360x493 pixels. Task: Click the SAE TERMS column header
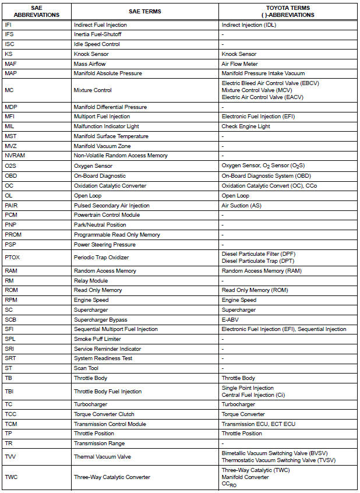pyautogui.click(x=144, y=11)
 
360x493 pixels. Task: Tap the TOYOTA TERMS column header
pyautogui.click(x=289, y=11)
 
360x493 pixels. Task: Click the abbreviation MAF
pyautogui.click(x=10, y=64)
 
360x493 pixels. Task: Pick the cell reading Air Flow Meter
pyautogui.click(x=239, y=64)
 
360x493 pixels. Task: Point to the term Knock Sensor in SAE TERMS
pyautogui.click(x=91, y=54)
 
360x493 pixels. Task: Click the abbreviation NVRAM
pyautogui.click(x=14, y=156)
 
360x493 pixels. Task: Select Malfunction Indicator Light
pyautogui.click(x=107, y=126)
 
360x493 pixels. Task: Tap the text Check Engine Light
pyautogui.click(x=246, y=126)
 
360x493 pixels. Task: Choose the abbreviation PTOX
pyautogui.click(x=12, y=258)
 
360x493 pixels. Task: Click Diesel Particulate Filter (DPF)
pyautogui.click(x=259, y=254)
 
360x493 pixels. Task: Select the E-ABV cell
pyautogui.click(x=230, y=319)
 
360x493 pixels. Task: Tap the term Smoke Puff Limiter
pyautogui.click(x=97, y=339)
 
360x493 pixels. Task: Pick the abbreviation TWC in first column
pyautogui.click(x=12, y=477)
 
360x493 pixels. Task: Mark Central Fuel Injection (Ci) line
pyautogui.click(x=256, y=395)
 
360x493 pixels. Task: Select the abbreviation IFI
pyautogui.click(x=8, y=25)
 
